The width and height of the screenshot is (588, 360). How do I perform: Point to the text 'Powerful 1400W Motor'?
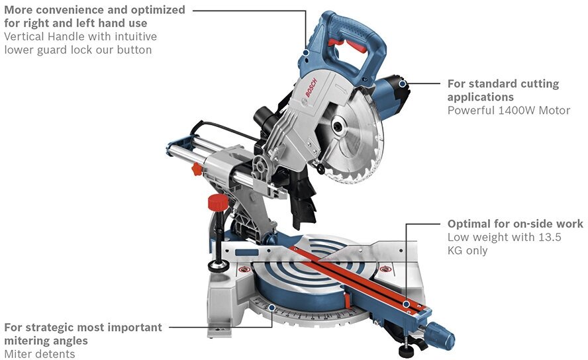pyautogui.click(x=509, y=111)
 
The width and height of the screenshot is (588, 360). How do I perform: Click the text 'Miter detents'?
pyautogui.click(x=40, y=354)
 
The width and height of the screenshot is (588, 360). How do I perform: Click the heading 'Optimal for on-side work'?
pyautogui.click(x=515, y=224)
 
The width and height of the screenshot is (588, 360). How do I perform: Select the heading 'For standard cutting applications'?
pyautogui.click(x=503, y=91)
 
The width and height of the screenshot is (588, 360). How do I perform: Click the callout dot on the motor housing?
pyautogui.click(x=408, y=83)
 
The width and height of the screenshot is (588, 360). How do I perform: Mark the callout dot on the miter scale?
pyautogui.click(x=272, y=306)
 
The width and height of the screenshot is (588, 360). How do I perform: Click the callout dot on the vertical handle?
pyautogui.click(x=306, y=52)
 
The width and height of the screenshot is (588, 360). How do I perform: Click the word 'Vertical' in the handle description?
pyautogui.click(x=24, y=37)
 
